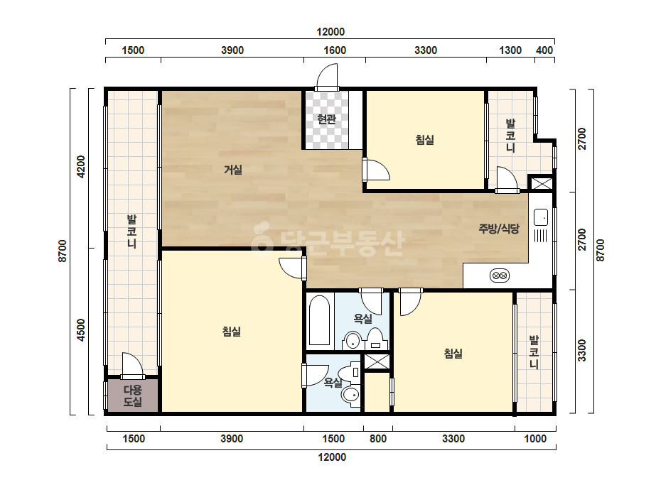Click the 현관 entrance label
click(x=326, y=119)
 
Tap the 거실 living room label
click(x=232, y=170)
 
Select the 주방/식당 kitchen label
click(x=499, y=229)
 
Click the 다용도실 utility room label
click(x=133, y=396)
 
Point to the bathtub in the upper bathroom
click(x=320, y=321)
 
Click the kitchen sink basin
click(x=541, y=217)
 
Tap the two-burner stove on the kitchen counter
click(x=499, y=276)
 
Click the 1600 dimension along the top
click(x=335, y=50)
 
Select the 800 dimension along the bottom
click(x=378, y=439)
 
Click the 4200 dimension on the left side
click(x=81, y=167)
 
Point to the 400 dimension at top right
click(x=544, y=50)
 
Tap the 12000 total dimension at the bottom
click(x=332, y=457)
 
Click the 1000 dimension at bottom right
click(x=535, y=439)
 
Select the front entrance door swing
click(x=327, y=77)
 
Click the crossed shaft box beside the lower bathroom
click(x=377, y=361)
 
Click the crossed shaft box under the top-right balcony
click(x=541, y=184)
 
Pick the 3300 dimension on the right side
click(x=582, y=350)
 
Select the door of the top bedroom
click(x=376, y=169)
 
